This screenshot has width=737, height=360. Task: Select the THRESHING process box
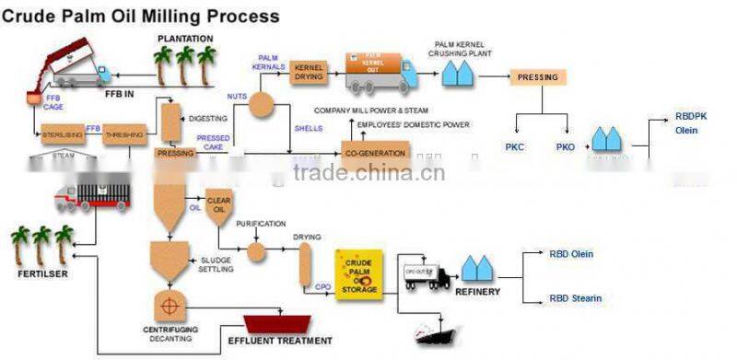pyautogui.click(x=123, y=137)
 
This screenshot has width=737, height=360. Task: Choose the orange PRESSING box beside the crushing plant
pyautogui.click(x=538, y=77)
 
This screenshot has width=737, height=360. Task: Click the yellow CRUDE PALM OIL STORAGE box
pyautogui.click(x=357, y=274)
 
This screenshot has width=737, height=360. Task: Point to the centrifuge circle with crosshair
pyautogui.click(x=169, y=305)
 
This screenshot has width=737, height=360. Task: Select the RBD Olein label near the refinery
pyautogui.click(x=571, y=253)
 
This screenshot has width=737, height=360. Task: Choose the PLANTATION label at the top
pyautogui.click(x=185, y=38)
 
